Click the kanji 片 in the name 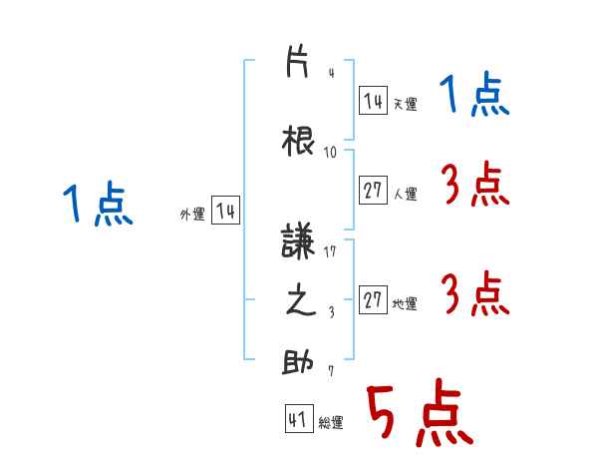point(297,62)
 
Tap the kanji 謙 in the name point(297,240)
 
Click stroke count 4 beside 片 point(332,73)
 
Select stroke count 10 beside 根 point(330,153)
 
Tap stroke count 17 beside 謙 point(330,251)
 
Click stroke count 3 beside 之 point(332,312)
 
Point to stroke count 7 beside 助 point(331,370)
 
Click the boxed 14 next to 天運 point(373,100)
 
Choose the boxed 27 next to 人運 point(373,190)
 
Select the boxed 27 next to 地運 point(373,299)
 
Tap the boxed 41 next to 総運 point(299,418)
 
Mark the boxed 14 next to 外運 point(226,210)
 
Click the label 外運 point(192,215)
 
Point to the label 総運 point(331,423)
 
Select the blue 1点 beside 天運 point(474,95)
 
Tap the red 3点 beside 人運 point(475,183)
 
